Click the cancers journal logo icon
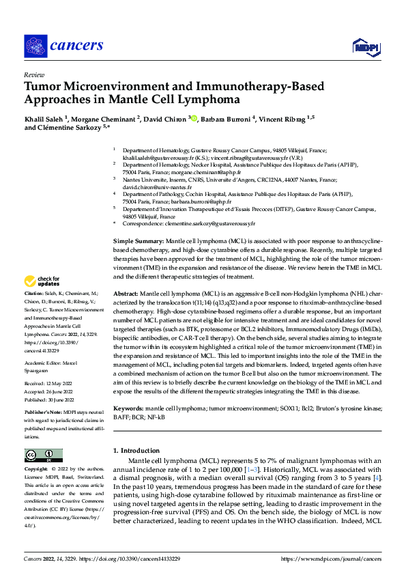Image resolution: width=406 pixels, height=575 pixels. tap(35, 46)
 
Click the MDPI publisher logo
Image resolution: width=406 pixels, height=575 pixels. tap(366, 46)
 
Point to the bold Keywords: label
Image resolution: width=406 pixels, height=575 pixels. tap(130, 408)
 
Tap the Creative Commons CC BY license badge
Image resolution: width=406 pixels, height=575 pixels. tap(42, 455)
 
